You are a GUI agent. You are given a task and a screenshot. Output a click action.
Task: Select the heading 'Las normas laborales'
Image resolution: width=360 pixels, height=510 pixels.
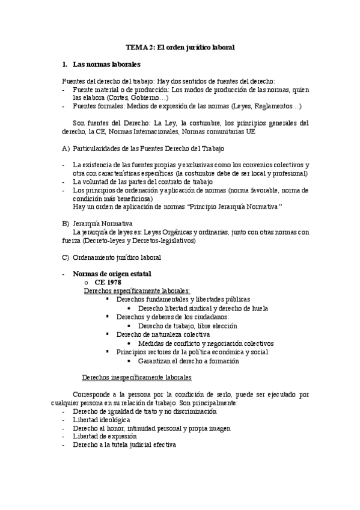point(106,63)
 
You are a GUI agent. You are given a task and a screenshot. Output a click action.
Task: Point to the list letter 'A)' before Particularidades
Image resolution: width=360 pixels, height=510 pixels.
point(66,147)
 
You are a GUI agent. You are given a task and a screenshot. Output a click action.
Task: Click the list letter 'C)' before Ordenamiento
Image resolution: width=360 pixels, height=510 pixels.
point(66,257)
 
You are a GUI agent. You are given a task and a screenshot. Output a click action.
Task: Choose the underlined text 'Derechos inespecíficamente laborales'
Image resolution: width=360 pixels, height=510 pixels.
point(136,378)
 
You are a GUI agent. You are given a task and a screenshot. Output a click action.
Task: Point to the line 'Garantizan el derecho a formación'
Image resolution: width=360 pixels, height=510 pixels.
point(188,361)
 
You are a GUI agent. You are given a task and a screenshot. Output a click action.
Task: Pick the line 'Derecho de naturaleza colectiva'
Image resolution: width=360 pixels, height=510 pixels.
point(163,334)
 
